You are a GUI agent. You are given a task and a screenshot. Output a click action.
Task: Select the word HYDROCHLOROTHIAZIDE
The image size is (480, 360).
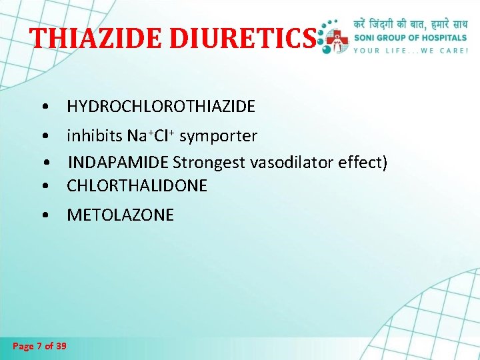[x=161, y=106]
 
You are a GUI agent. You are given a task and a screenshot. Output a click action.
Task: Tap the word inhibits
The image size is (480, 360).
[x=93, y=136]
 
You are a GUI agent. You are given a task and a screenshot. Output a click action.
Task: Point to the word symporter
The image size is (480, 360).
[x=218, y=137]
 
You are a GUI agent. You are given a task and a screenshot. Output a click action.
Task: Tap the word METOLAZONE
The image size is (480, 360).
[x=120, y=215]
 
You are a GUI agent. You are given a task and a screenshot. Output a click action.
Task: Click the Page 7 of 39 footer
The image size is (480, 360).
[x=40, y=345]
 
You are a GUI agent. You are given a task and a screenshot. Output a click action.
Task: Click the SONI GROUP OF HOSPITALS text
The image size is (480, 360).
[x=411, y=37]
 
